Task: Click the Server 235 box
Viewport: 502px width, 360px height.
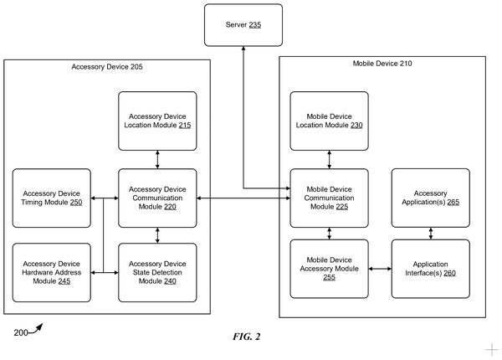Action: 243,25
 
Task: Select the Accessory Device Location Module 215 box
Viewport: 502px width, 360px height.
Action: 157,121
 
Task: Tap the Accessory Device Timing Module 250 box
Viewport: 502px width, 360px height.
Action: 52,198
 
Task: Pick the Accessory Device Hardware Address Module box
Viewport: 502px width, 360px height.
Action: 52,273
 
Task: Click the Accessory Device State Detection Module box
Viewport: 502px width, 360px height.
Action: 157,273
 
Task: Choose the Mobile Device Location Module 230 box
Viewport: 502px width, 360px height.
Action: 329,121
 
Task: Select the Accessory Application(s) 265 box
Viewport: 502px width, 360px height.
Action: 431,198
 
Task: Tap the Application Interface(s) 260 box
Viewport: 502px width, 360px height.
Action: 431,269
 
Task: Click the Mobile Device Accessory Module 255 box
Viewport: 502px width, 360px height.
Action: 329,269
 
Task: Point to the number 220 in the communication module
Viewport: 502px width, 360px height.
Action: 171,207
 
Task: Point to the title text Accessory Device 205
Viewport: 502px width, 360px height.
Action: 107,67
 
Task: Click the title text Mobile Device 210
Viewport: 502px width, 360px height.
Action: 382,64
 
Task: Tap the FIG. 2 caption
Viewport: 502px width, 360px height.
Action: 247,337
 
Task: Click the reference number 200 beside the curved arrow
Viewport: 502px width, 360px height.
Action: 20,332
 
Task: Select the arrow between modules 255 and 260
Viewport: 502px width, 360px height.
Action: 380,269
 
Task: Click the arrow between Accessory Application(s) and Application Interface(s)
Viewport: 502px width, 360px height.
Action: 431,234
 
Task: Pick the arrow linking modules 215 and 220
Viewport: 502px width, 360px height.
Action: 157,160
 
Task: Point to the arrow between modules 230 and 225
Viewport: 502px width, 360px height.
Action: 329,160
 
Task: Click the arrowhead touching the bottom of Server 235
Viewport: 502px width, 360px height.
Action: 243,49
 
